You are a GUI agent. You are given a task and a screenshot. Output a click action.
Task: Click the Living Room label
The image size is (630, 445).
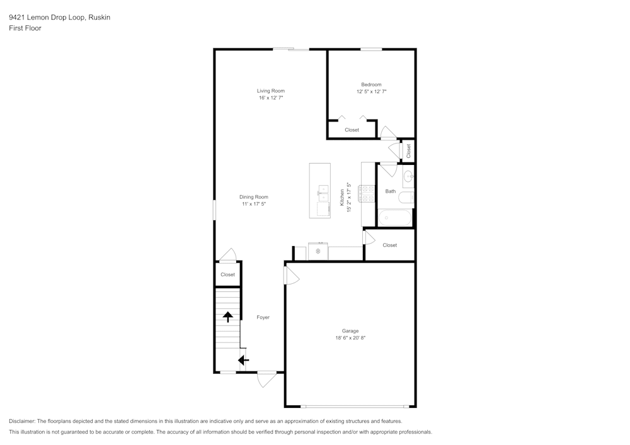coord(270,91)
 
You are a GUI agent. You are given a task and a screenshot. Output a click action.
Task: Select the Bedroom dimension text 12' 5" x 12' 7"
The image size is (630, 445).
coord(371,92)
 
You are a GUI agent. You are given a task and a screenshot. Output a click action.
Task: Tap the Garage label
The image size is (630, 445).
coord(350,331)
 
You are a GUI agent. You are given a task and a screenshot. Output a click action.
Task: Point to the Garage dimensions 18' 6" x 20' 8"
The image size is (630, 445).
coord(350,338)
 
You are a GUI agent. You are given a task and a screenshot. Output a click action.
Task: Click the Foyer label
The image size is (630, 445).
coord(263,317)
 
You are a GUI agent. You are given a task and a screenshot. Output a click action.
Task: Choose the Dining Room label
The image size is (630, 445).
coord(253,197)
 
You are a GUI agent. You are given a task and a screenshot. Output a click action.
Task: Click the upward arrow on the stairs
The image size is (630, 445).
coord(228,317)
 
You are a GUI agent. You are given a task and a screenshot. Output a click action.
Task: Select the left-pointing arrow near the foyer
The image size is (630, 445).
coord(243,360)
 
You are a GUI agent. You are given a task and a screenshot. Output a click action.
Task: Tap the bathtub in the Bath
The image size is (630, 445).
coord(395,218)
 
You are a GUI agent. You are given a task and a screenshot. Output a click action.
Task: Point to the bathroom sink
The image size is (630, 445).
coord(408,176)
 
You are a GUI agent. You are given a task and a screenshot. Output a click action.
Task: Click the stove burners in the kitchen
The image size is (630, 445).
coord(367,193)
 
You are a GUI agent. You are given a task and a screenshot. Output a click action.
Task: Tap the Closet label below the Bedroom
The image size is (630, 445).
coord(352,130)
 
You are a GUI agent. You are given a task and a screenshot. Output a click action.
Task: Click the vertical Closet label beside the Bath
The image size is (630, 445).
coord(408,150)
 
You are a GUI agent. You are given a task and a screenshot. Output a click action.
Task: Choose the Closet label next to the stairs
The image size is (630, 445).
coord(227,274)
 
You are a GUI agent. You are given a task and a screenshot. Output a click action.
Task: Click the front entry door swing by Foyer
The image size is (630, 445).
coord(267,378)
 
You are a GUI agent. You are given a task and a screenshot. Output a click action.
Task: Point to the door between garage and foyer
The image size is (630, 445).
coord(291,275)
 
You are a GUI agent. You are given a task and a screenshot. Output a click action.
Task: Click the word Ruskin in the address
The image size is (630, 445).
coord(100,18)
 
